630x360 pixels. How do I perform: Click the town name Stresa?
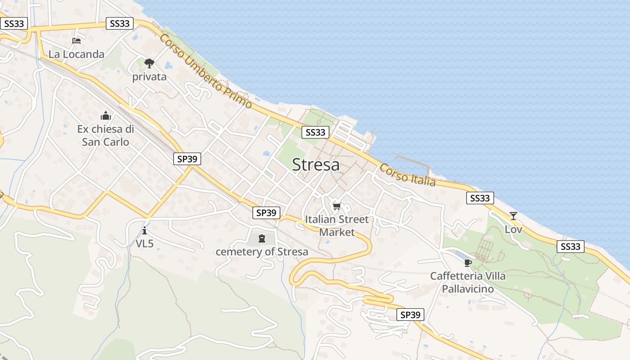[315, 165]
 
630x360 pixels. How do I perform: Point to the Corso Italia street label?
[408, 175]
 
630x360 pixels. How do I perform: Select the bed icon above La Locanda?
[76, 41]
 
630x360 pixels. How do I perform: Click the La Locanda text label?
[76, 54]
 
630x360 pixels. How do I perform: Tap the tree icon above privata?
[149, 63]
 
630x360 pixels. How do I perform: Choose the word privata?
[149, 77]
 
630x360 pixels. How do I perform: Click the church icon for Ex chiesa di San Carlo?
[106, 116]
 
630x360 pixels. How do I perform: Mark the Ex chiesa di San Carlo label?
[106, 135]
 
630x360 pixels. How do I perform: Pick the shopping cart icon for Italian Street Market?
[337, 207]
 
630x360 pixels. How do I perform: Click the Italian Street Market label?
[337, 226]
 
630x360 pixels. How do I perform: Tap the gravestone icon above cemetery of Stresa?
[262, 238]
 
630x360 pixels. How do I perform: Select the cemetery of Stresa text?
[262, 252]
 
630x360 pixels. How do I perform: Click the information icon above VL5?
[144, 231]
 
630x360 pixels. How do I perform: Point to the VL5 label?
[145, 244]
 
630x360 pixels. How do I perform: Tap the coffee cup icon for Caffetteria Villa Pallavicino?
[468, 263]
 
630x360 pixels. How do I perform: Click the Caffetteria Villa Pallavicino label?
[468, 282]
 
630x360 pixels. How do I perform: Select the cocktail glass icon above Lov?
[513, 216]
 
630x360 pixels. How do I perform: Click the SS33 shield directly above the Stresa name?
[315, 132]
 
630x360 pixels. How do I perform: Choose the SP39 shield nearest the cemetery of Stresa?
[266, 213]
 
